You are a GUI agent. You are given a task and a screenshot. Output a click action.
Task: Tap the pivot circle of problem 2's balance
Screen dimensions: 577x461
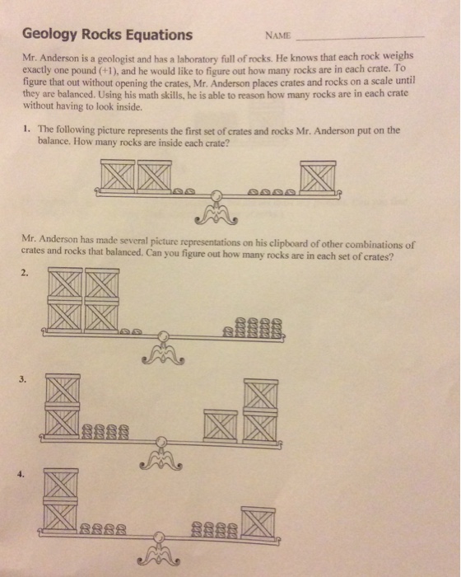point(164,336)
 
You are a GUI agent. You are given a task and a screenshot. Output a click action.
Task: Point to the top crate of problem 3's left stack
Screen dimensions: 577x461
point(63,389)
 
